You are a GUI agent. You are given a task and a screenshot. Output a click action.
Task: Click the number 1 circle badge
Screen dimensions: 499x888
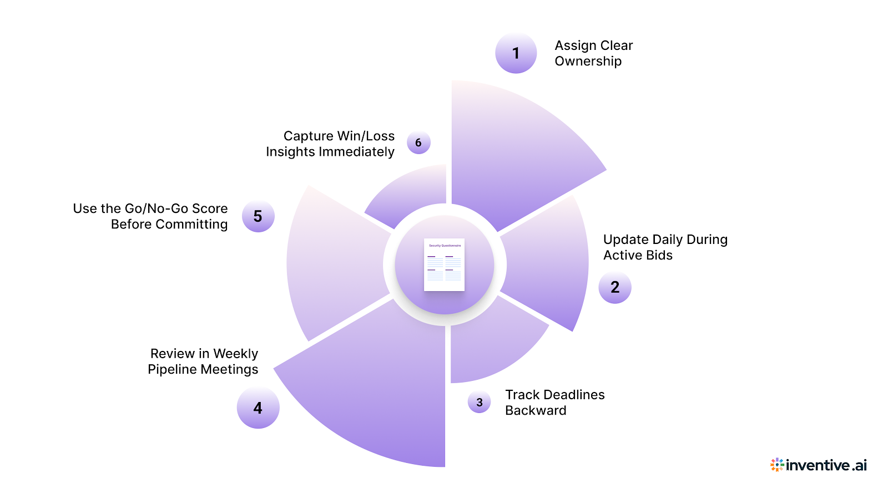516,53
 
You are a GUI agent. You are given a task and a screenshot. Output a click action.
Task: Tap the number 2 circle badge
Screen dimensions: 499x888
615,287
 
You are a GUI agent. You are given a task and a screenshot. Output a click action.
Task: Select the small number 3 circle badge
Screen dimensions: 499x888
480,403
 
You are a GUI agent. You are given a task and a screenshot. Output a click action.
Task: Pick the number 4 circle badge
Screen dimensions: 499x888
258,408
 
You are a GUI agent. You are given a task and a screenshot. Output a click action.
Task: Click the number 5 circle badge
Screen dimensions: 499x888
258,216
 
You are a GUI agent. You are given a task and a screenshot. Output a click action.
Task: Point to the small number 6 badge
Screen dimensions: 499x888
418,143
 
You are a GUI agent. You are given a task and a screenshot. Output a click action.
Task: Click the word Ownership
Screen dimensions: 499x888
588,62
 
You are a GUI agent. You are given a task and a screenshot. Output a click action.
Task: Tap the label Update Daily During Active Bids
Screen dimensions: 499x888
665,247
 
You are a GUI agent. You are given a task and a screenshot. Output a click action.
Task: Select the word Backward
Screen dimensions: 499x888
536,411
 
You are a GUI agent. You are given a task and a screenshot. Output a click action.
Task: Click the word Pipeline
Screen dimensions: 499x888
172,370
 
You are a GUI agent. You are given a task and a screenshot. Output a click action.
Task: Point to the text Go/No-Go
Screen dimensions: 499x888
157,208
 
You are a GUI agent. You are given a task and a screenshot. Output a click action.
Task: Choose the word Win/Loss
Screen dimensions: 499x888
366,136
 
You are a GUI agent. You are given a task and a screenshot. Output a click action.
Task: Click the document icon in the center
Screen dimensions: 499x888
444,264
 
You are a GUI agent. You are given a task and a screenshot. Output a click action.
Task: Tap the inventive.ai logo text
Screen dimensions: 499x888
826,465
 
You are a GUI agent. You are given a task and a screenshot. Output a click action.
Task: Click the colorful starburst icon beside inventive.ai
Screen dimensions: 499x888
777,465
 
